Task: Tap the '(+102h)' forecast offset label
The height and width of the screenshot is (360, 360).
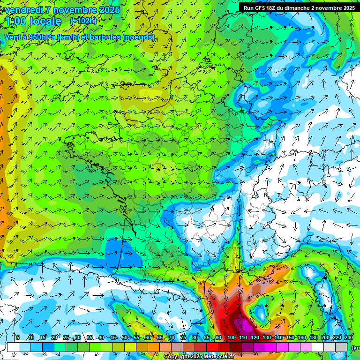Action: tap(83, 21)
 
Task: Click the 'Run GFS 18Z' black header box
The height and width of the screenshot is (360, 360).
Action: tap(299, 7)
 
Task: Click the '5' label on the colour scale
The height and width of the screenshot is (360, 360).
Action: tap(18, 337)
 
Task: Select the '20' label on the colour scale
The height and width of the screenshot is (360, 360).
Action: tap(54, 337)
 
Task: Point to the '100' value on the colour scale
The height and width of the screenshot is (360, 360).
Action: tap(231, 337)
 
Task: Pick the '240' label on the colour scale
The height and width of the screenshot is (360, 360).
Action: tap(349, 337)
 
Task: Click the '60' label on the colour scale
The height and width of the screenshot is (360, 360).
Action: tap(148, 337)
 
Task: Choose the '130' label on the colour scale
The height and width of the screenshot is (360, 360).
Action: tap(266, 337)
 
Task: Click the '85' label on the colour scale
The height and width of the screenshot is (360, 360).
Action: tap(207, 337)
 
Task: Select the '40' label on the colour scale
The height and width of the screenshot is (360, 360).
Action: tap(101, 337)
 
